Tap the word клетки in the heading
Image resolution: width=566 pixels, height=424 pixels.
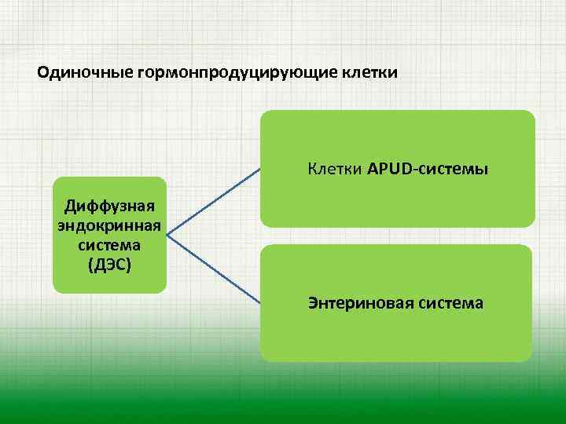369,73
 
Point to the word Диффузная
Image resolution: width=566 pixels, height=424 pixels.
109,207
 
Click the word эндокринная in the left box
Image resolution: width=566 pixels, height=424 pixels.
109,226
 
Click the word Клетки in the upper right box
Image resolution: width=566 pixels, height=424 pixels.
335,169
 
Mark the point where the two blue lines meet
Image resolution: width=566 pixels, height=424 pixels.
167,235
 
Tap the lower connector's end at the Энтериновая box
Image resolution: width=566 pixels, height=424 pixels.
260,302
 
